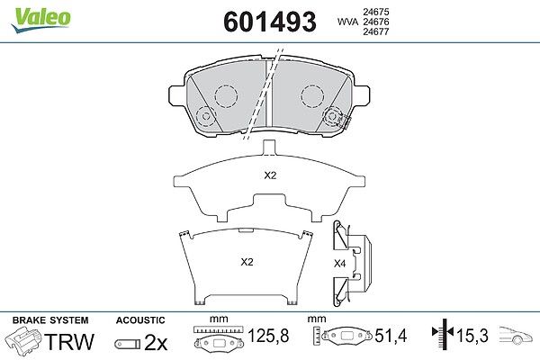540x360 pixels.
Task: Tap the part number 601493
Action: click(270, 22)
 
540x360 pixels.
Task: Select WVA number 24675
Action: click(376, 12)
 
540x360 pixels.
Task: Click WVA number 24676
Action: click(376, 22)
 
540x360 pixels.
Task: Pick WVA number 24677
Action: click(376, 31)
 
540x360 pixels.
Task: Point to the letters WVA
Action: click(347, 22)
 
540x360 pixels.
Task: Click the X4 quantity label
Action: click(339, 264)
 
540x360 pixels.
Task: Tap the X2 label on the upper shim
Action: click(270, 175)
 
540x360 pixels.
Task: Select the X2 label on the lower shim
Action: click(247, 262)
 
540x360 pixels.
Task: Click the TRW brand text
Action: click(69, 341)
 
